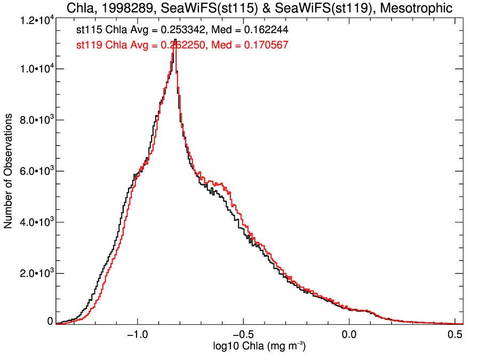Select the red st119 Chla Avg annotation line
[182, 45]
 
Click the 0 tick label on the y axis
[50, 322]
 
